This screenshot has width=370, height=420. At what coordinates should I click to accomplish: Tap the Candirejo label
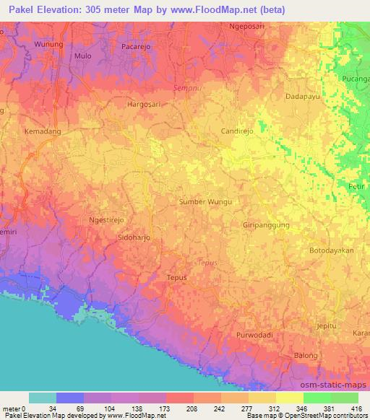236,133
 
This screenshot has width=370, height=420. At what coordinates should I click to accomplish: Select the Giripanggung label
266,225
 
